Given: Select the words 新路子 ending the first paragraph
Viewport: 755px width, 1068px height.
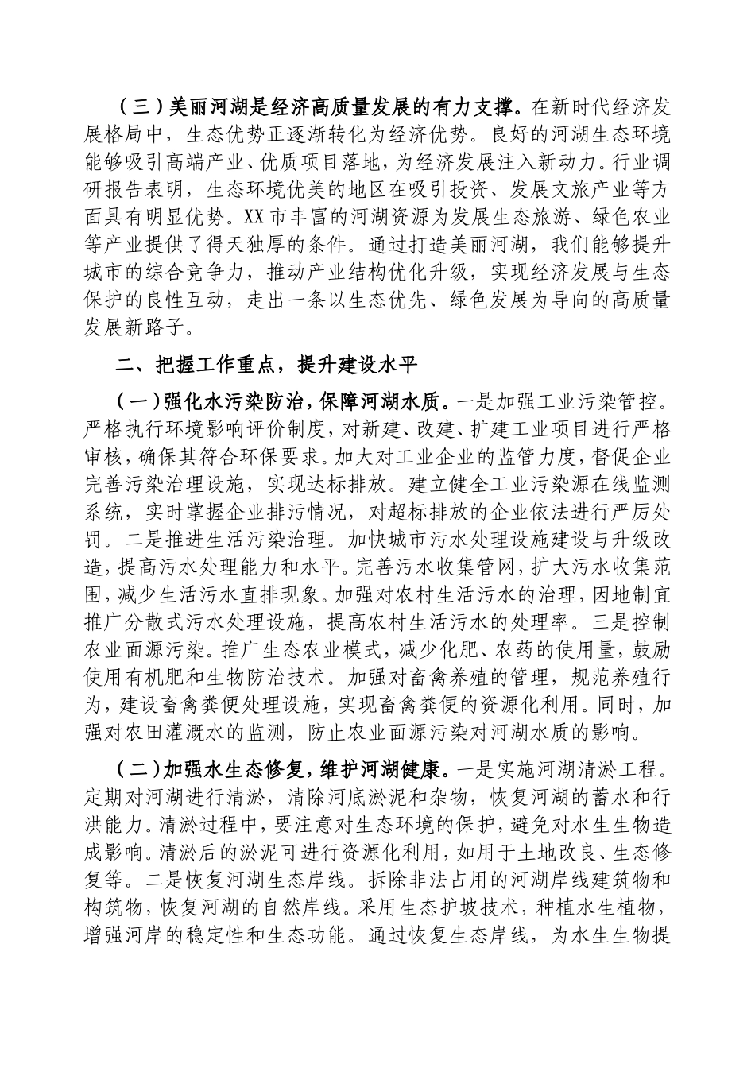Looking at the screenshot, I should [175, 329].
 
